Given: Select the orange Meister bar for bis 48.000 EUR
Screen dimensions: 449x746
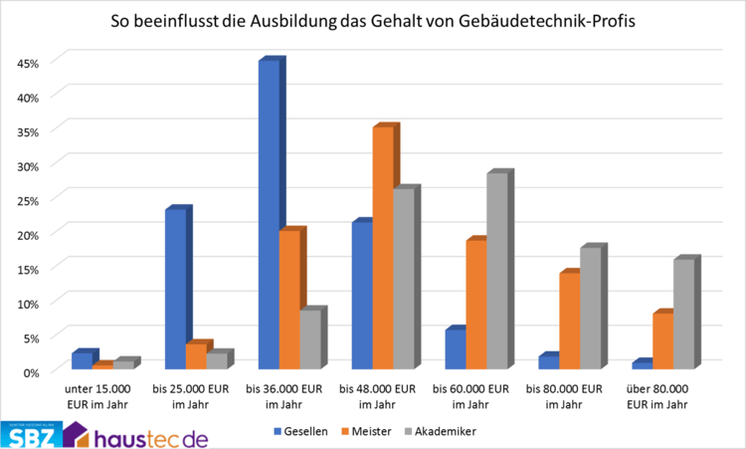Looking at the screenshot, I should pyautogui.click(x=381, y=249).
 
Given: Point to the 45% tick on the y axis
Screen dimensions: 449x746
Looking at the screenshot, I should pyautogui.click(x=27, y=63).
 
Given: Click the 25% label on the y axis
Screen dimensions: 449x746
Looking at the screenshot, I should pyautogui.click(x=27, y=200).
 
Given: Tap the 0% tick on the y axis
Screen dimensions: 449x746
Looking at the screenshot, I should pyautogui.click(x=30, y=371).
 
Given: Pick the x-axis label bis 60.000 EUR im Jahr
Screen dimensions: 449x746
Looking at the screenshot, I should pyautogui.click(x=473, y=396).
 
